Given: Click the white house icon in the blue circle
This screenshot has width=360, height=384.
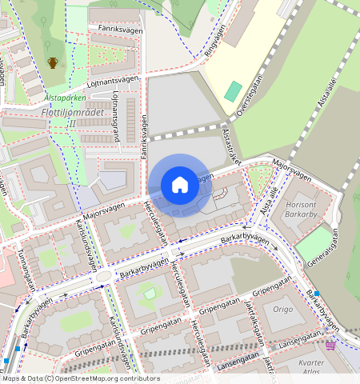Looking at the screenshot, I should coord(180,185).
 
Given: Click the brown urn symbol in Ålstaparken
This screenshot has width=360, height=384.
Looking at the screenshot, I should coord(53,62).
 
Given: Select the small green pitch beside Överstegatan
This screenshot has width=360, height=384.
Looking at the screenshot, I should coord(233,90).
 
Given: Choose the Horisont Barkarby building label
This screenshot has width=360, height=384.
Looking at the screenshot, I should coord(301,210).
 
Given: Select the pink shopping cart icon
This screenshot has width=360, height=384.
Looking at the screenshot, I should coord(330,345).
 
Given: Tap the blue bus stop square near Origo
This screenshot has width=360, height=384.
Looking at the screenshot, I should coord(317,294).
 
